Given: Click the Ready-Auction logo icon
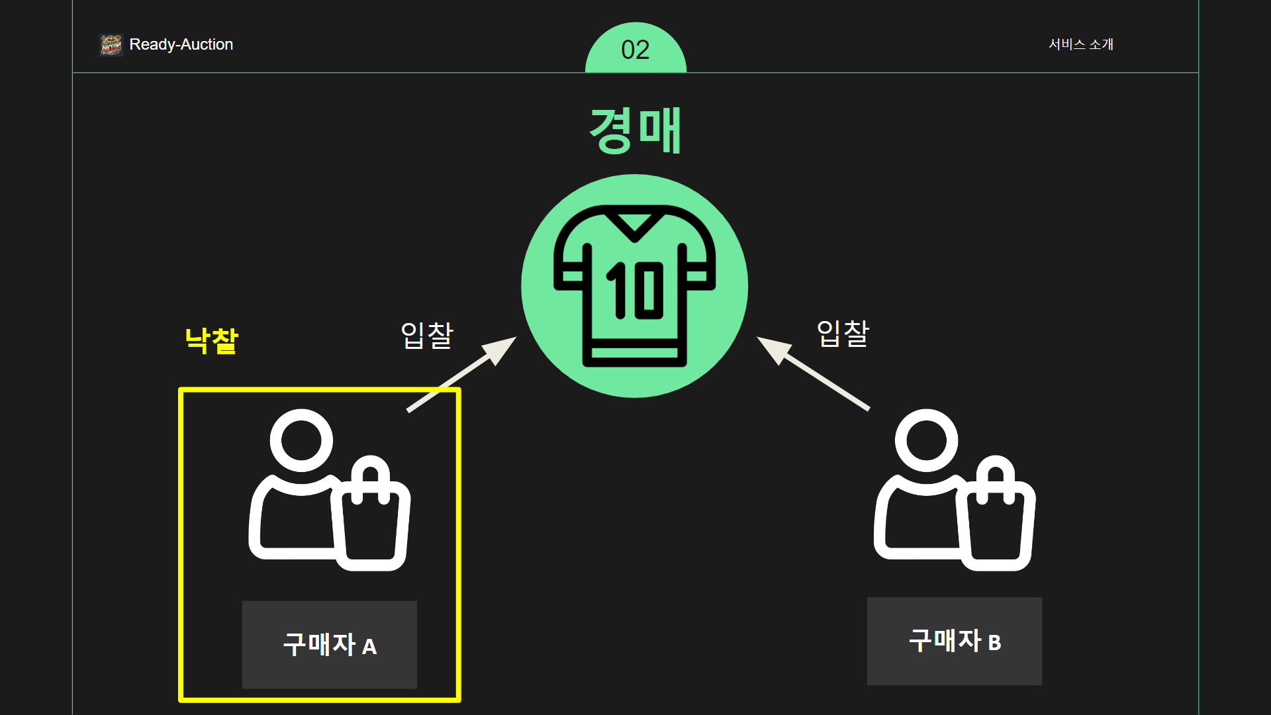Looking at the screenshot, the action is (x=111, y=45).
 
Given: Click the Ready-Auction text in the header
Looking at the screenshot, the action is (x=181, y=44).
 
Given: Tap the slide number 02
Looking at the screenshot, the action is (x=635, y=50).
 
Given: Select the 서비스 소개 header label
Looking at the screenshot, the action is (x=1081, y=44).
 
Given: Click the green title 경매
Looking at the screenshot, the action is (x=635, y=130).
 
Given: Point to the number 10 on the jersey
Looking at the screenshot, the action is (x=635, y=290).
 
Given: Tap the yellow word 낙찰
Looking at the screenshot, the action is (x=211, y=341).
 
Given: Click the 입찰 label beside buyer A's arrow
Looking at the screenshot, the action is (x=427, y=335).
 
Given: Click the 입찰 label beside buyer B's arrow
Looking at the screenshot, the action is (x=843, y=333).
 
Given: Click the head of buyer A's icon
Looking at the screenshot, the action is (x=301, y=440).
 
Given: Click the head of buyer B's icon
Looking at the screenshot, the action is (x=926, y=440).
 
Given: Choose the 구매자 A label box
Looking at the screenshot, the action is (x=329, y=645).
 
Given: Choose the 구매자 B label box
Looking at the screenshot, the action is (x=954, y=641).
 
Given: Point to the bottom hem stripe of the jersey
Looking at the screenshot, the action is (x=634, y=353).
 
